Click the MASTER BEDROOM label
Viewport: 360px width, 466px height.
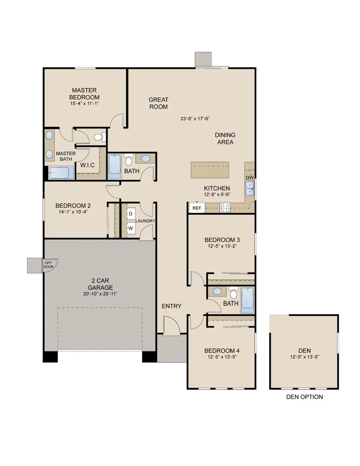click(84, 94)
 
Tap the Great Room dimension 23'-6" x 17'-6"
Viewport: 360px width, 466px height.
click(196, 119)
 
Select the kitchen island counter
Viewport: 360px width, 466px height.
click(210, 170)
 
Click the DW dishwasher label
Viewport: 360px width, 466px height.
click(250, 177)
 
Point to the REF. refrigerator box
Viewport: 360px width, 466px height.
click(196, 208)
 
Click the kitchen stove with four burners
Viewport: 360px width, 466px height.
click(224, 207)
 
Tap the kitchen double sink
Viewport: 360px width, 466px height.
click(250, 189)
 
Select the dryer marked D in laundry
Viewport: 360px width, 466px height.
click(130, 214)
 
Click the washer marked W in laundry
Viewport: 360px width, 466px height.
click(130, 228)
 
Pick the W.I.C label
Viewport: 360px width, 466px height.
click(87, 165)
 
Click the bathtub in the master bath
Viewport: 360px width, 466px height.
click(62, 174)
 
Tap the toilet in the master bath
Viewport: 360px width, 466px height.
click(98, 137)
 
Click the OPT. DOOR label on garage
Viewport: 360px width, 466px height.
click(48, 264)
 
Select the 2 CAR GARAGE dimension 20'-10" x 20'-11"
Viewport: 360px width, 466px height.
click(100, 294)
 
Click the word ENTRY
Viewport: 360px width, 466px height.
click(172, 306)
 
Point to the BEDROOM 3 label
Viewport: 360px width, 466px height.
click(222, 240)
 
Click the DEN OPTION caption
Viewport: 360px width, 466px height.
click(304, 397)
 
